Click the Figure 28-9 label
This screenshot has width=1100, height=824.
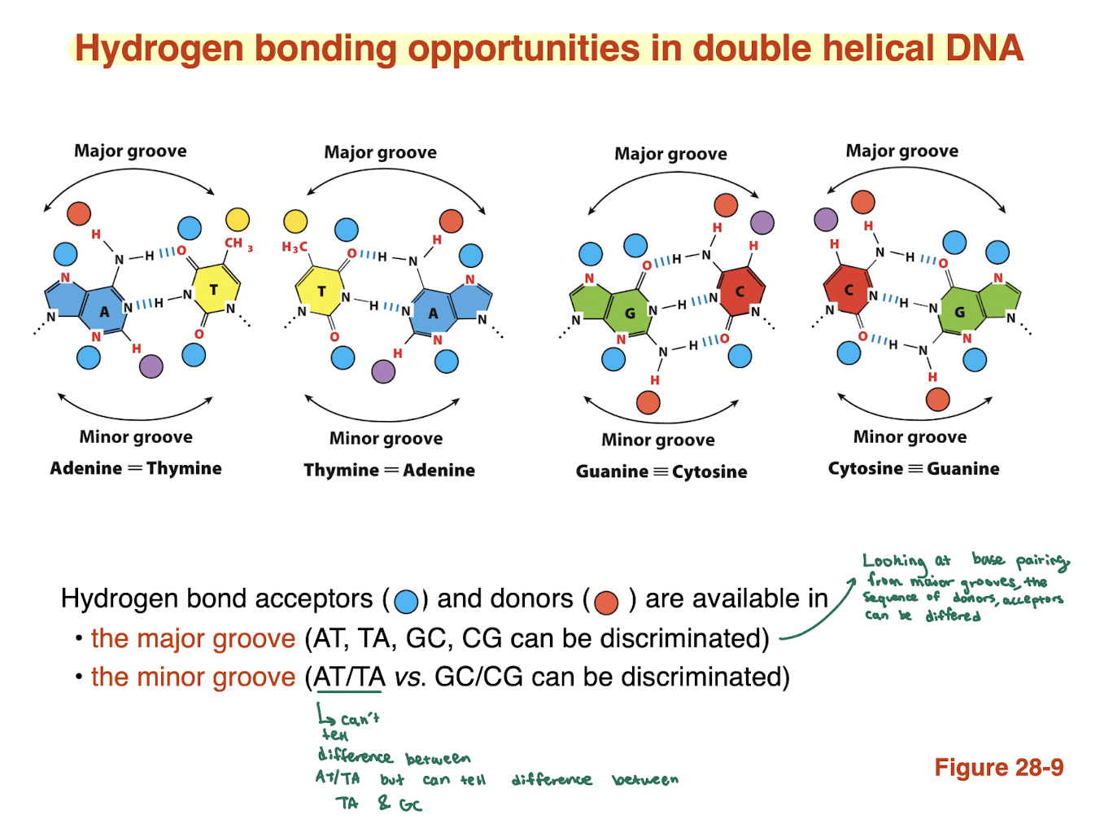pos(998,767)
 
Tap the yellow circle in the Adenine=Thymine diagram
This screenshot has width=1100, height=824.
pos(237,219)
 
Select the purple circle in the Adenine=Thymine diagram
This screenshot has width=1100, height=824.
pos(151,366)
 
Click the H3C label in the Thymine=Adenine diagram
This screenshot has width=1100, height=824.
pos(295,247)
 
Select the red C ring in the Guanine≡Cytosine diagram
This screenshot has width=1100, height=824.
pos(740,291)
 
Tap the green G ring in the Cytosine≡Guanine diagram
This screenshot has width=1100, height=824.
pos(960,312)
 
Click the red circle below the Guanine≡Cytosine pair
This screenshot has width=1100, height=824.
pos(648,402)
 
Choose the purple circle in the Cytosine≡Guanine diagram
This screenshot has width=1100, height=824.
pos(826,219)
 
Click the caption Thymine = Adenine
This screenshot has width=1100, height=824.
pos(389,470)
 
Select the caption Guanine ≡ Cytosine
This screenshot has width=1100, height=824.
pos(661,471)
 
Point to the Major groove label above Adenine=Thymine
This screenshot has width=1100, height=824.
pos(130,151)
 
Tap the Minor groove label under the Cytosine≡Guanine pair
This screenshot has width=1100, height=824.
pos(910,436)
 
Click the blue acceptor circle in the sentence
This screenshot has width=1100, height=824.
pos(405,602)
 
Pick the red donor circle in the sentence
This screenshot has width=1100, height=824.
pos(606,602)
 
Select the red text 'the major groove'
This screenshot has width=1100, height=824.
pos(193,638)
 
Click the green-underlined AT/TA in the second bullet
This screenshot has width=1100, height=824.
pos(349,677)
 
